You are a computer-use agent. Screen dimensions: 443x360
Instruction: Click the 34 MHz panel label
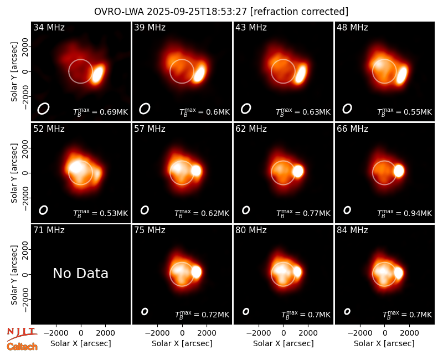(49, 27)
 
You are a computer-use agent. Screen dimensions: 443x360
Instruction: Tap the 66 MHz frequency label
(352, 129)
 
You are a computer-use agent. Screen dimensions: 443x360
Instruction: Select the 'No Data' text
(80, 273)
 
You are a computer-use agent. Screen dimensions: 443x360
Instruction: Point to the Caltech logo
(22, 347)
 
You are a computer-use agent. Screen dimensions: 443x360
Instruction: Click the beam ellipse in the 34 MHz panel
(44, 109)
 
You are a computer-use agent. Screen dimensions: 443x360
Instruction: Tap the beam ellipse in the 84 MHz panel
(347, 311)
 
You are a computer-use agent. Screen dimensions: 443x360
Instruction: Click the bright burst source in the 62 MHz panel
(298, 171)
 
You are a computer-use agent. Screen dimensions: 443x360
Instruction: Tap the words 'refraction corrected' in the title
(300, 12)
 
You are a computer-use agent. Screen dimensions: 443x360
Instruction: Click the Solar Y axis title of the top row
(14, 72)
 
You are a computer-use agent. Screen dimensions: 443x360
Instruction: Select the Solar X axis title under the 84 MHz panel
(384, 343)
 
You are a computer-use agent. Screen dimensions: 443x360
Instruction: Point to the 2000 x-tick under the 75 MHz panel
(207, 333)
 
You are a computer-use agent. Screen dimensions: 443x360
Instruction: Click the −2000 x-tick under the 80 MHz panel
(259, 333)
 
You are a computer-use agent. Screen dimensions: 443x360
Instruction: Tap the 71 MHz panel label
(49, 230)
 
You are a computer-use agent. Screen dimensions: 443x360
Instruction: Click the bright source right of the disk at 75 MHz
(197, 272)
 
